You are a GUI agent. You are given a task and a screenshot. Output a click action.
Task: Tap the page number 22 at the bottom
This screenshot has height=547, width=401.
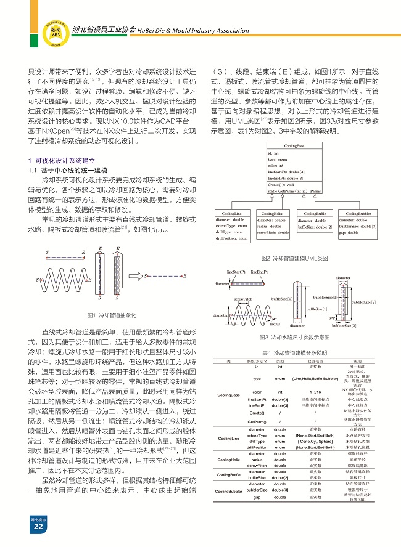38,527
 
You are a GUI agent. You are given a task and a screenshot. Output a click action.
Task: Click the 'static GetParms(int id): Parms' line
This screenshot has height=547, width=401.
295,192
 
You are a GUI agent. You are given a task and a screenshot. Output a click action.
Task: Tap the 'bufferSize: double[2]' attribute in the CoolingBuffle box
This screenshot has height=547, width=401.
314,227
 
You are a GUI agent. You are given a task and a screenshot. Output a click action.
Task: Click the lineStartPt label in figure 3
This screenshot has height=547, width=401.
236,272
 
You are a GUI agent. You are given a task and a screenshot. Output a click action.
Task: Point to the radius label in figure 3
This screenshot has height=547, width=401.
275,323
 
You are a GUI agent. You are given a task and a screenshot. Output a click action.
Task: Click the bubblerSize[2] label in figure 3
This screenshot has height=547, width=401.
363,302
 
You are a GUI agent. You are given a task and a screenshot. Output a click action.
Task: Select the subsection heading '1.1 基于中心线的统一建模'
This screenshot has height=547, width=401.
68,169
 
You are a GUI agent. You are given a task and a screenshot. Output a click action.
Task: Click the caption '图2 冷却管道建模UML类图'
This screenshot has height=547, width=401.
295,257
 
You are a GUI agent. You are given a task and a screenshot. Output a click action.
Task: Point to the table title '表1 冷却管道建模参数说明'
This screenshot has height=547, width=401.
295,352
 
